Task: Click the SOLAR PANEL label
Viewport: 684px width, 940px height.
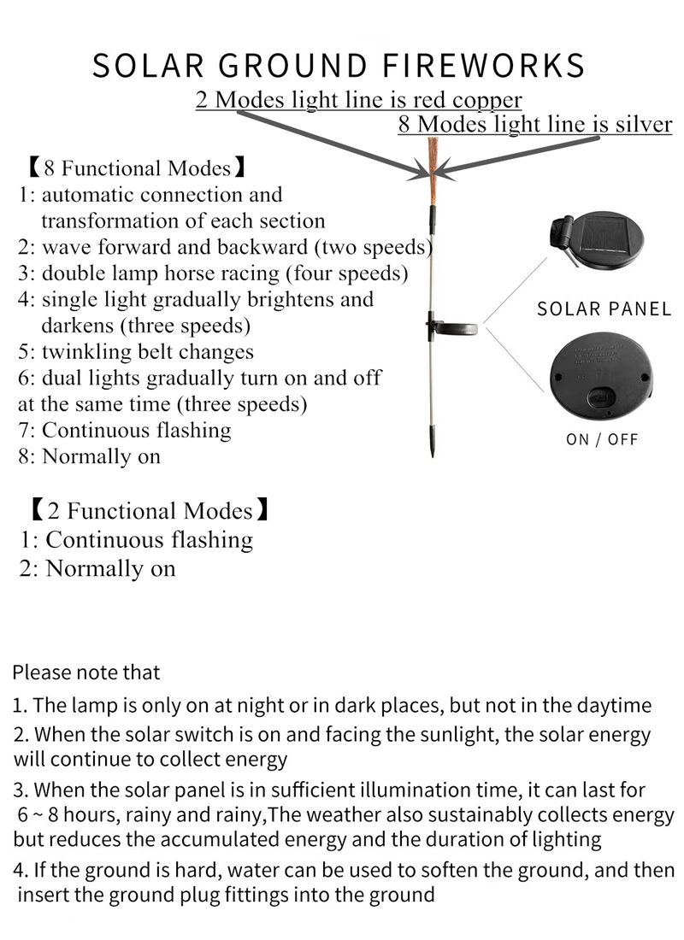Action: coord(604,309)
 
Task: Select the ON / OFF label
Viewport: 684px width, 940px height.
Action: coord(602,439)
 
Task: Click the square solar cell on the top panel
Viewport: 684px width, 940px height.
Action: coord(602,235)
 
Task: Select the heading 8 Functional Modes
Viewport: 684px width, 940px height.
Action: coord(137,168)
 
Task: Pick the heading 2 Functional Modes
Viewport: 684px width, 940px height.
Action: coord(149,511)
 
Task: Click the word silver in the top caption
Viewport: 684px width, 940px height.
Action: coord(644,124)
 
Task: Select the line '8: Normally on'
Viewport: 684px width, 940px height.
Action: coord(90,457)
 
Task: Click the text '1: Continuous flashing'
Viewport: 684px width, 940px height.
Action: coord(136,539)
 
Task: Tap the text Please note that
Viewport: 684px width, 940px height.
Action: coord(86,673)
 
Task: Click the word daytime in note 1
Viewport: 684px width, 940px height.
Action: coord(614,706)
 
